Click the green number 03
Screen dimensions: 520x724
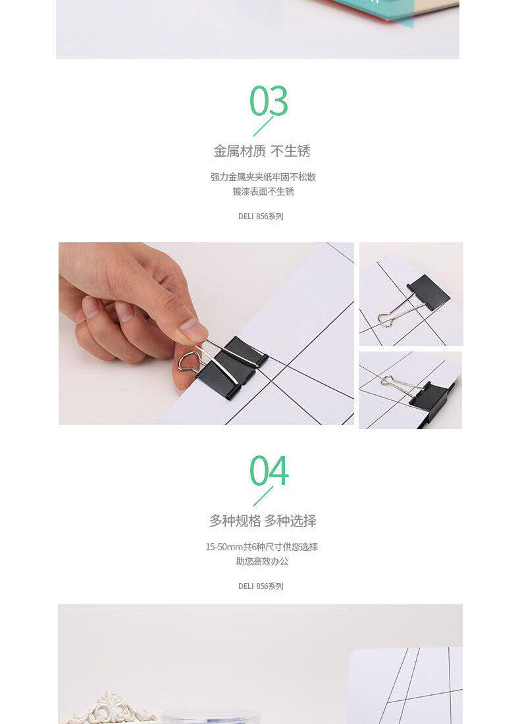(x=269, y=101)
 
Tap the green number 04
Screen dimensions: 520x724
(x=269, y=471)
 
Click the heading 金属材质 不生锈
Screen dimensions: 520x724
(x=262, y=151)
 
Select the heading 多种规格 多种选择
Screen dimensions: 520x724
(x=263, y=521)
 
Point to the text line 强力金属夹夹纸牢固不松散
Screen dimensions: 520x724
(x=263, y=177)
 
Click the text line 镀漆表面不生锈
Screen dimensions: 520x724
(x=263, y=192)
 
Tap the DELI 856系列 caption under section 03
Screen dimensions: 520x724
(x=261, y=216)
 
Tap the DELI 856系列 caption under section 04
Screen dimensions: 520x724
(x=261, y=586)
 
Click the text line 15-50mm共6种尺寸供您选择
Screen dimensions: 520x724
(x=262, y=547)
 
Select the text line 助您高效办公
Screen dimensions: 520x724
(x=262, y=561)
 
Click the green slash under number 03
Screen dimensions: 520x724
(x=263, y=126)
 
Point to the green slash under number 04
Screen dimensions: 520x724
(x=263, y=496)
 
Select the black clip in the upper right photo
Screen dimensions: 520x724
(x=428, y=292)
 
